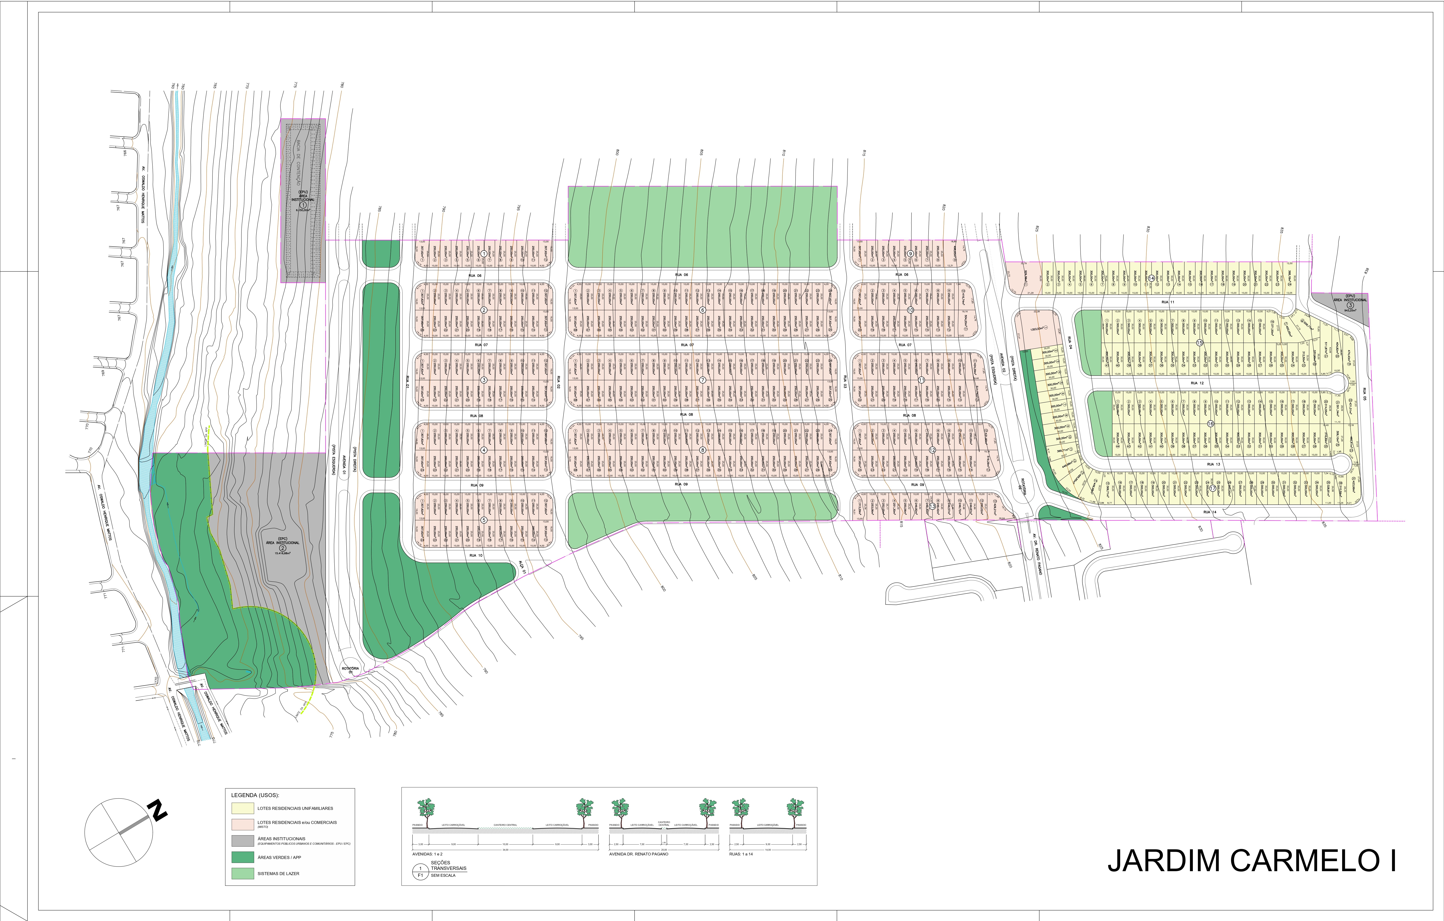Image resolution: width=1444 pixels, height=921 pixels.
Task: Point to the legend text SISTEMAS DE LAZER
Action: tap(278, 874)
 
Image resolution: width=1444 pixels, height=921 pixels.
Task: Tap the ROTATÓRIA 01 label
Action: tap(350, 670)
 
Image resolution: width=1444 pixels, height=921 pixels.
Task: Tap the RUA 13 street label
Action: tap(1214, 464)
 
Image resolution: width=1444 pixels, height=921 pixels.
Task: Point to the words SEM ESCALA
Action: tap(443, 875)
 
